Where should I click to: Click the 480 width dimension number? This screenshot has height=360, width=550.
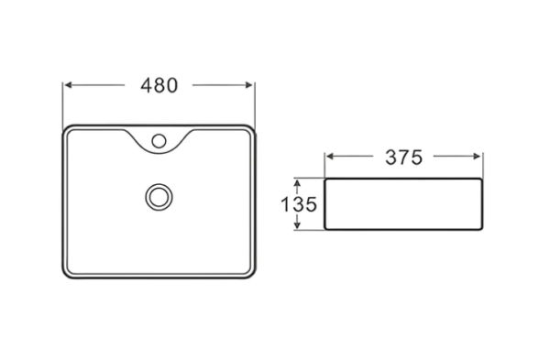pos(159,85)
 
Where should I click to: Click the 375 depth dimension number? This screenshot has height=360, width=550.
pos(403,158)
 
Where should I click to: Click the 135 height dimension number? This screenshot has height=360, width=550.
pos(299,204)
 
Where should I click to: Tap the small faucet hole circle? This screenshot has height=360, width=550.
pos(159,141)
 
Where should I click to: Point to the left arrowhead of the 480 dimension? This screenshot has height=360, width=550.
pos(69,85)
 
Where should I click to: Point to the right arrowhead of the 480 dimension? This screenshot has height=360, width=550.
pos(249,85)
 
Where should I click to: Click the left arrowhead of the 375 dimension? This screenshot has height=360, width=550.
pos(330,157)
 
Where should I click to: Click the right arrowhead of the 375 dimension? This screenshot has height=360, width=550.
pos(477,157)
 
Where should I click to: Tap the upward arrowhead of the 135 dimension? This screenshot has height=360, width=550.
pos(297,183)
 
